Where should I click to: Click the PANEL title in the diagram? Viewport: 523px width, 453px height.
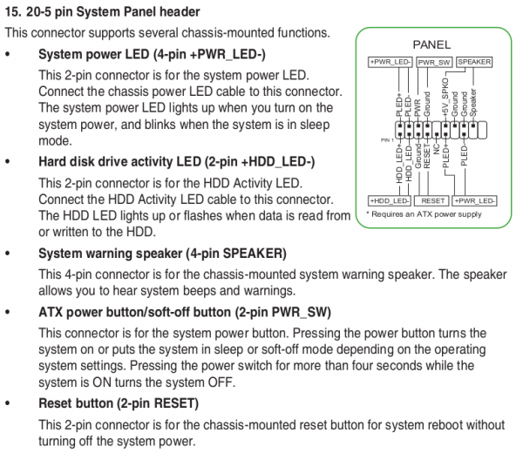(x=431, y=44)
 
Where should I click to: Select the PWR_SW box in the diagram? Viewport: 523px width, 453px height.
(x=434, y=63)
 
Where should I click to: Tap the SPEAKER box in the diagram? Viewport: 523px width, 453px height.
(x=474, y=62)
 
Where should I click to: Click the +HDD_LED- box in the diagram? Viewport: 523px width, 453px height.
(x=390, y=200)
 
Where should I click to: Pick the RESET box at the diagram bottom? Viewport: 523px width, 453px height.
(x=432, y=200)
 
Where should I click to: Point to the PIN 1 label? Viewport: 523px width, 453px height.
(x=387, y=140)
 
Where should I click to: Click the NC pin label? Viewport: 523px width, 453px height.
(x=437, y=149)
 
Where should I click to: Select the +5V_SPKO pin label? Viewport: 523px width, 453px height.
(x=445, y=98)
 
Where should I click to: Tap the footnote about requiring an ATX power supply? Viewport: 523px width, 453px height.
(x=424, y=214)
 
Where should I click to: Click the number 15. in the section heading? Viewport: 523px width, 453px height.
(x=13, y=12)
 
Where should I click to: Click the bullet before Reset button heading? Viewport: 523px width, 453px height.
(x=8, y=403)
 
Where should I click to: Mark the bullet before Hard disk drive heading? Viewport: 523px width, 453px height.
(x=8, y=162)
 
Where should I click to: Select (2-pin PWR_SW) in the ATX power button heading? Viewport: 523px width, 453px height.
(x=282, y=313)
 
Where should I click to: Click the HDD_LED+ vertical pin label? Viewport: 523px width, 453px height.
(x=399, y=165)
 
